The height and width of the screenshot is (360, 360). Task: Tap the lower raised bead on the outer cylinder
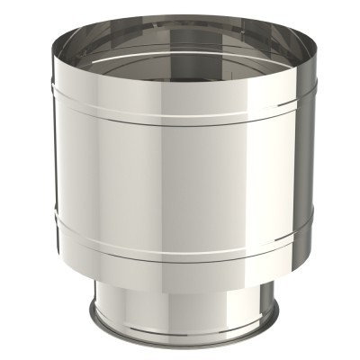180,243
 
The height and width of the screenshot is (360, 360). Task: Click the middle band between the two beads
180,171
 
